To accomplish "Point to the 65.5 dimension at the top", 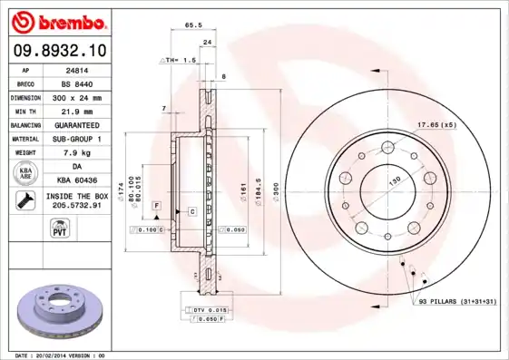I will (x=193, y=26).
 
